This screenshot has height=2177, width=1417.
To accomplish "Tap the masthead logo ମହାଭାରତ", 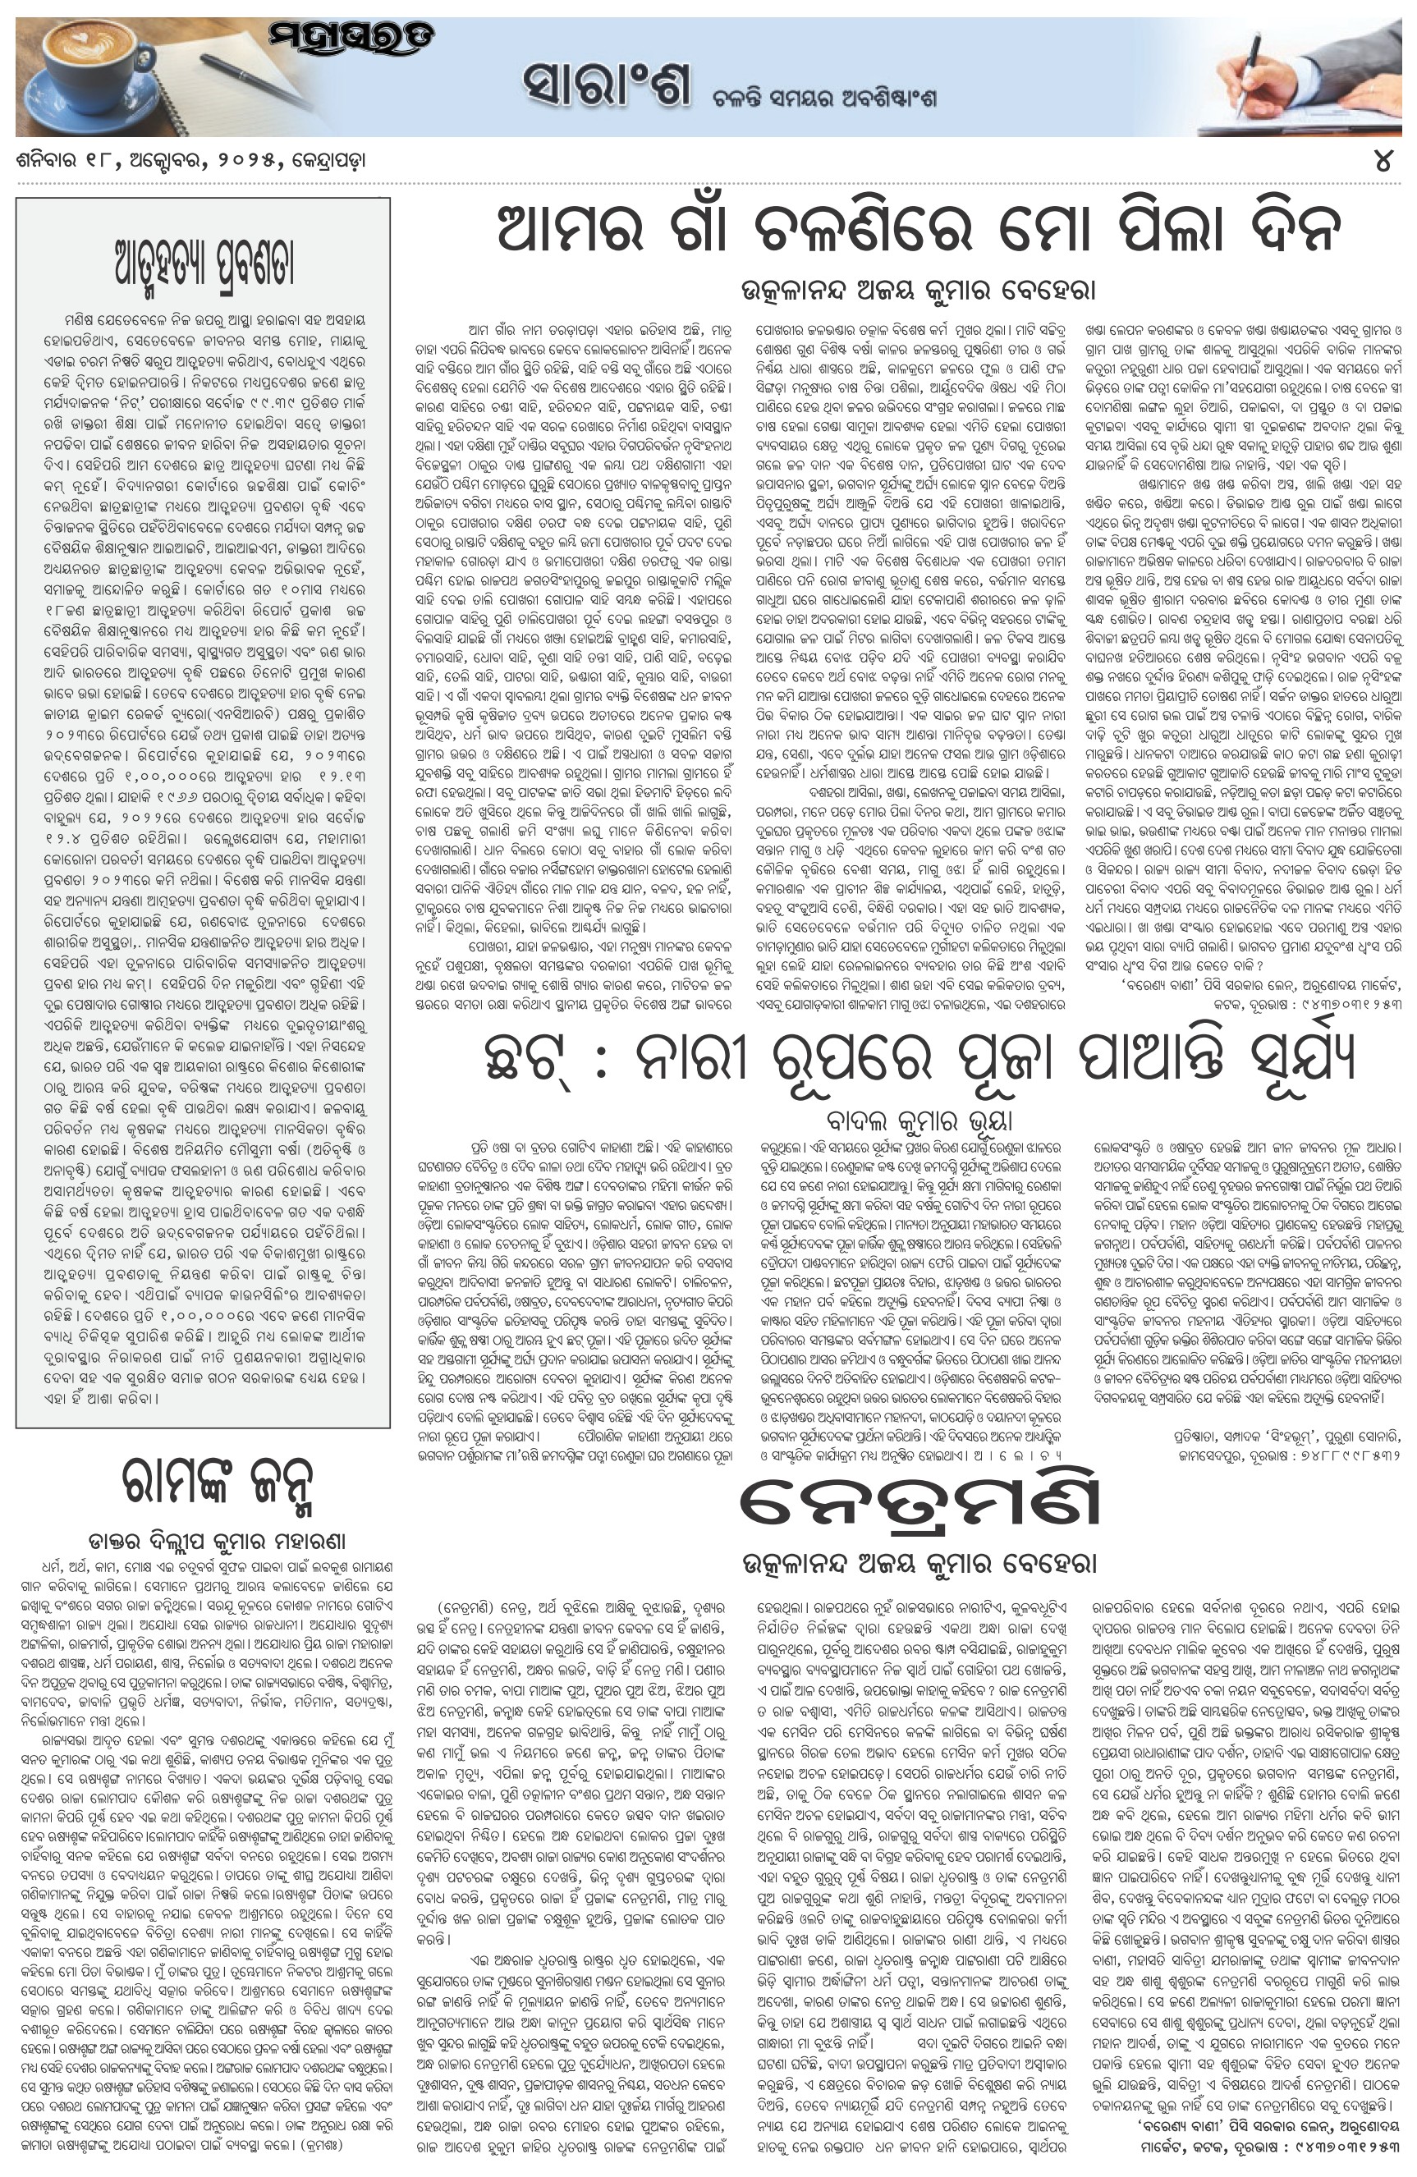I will (351, 39).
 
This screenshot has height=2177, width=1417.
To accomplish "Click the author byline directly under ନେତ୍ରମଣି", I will (919, 1564).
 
